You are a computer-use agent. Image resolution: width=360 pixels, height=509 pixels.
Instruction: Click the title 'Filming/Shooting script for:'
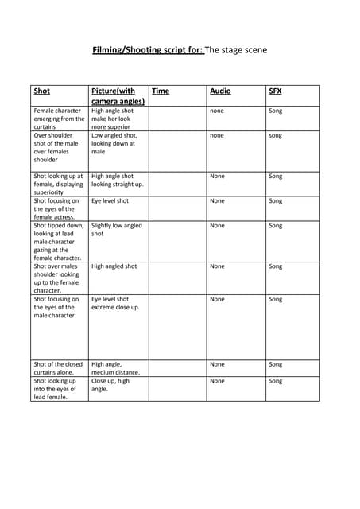(x=148, y=50)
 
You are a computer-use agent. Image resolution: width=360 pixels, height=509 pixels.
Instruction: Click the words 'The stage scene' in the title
(x=237, y=50)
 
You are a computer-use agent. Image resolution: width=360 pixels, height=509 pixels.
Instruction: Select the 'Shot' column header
(x=41, y=91)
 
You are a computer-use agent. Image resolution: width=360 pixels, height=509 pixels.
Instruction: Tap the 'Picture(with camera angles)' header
(x=118, y=96)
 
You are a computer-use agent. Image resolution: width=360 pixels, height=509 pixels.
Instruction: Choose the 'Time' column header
(x=160, y=91)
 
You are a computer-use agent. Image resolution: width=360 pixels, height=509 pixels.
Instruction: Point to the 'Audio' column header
(x=220, y=91)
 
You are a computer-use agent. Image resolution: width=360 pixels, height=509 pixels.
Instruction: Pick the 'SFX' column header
(x=275, y=91)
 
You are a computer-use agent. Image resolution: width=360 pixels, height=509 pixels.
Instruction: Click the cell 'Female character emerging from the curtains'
(x=59, y=119)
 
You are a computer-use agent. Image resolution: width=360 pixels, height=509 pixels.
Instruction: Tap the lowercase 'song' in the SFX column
(x=275, y=136)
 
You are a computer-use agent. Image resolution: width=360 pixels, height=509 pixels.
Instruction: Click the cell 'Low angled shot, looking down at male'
(x=114, y=143)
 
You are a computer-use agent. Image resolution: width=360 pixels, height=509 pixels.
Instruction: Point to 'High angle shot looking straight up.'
(x=117, y=181)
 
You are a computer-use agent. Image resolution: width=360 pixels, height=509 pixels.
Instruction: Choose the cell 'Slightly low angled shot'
(x=116, y=230)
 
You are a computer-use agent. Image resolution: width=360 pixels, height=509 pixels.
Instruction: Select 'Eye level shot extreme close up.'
(x=115, y=303)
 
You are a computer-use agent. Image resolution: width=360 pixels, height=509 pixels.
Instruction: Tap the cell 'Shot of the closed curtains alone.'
(x=58, y=368)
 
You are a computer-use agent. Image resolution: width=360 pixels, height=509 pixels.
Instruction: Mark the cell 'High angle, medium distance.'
(x=115, y=368)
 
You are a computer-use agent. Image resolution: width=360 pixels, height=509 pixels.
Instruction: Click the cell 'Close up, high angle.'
(x=110, y=385)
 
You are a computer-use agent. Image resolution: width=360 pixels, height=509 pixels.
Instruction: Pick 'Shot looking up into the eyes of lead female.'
(x=56, y=389)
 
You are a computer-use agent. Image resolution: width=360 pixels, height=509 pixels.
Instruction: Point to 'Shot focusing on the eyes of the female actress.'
(x=57, y=208)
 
